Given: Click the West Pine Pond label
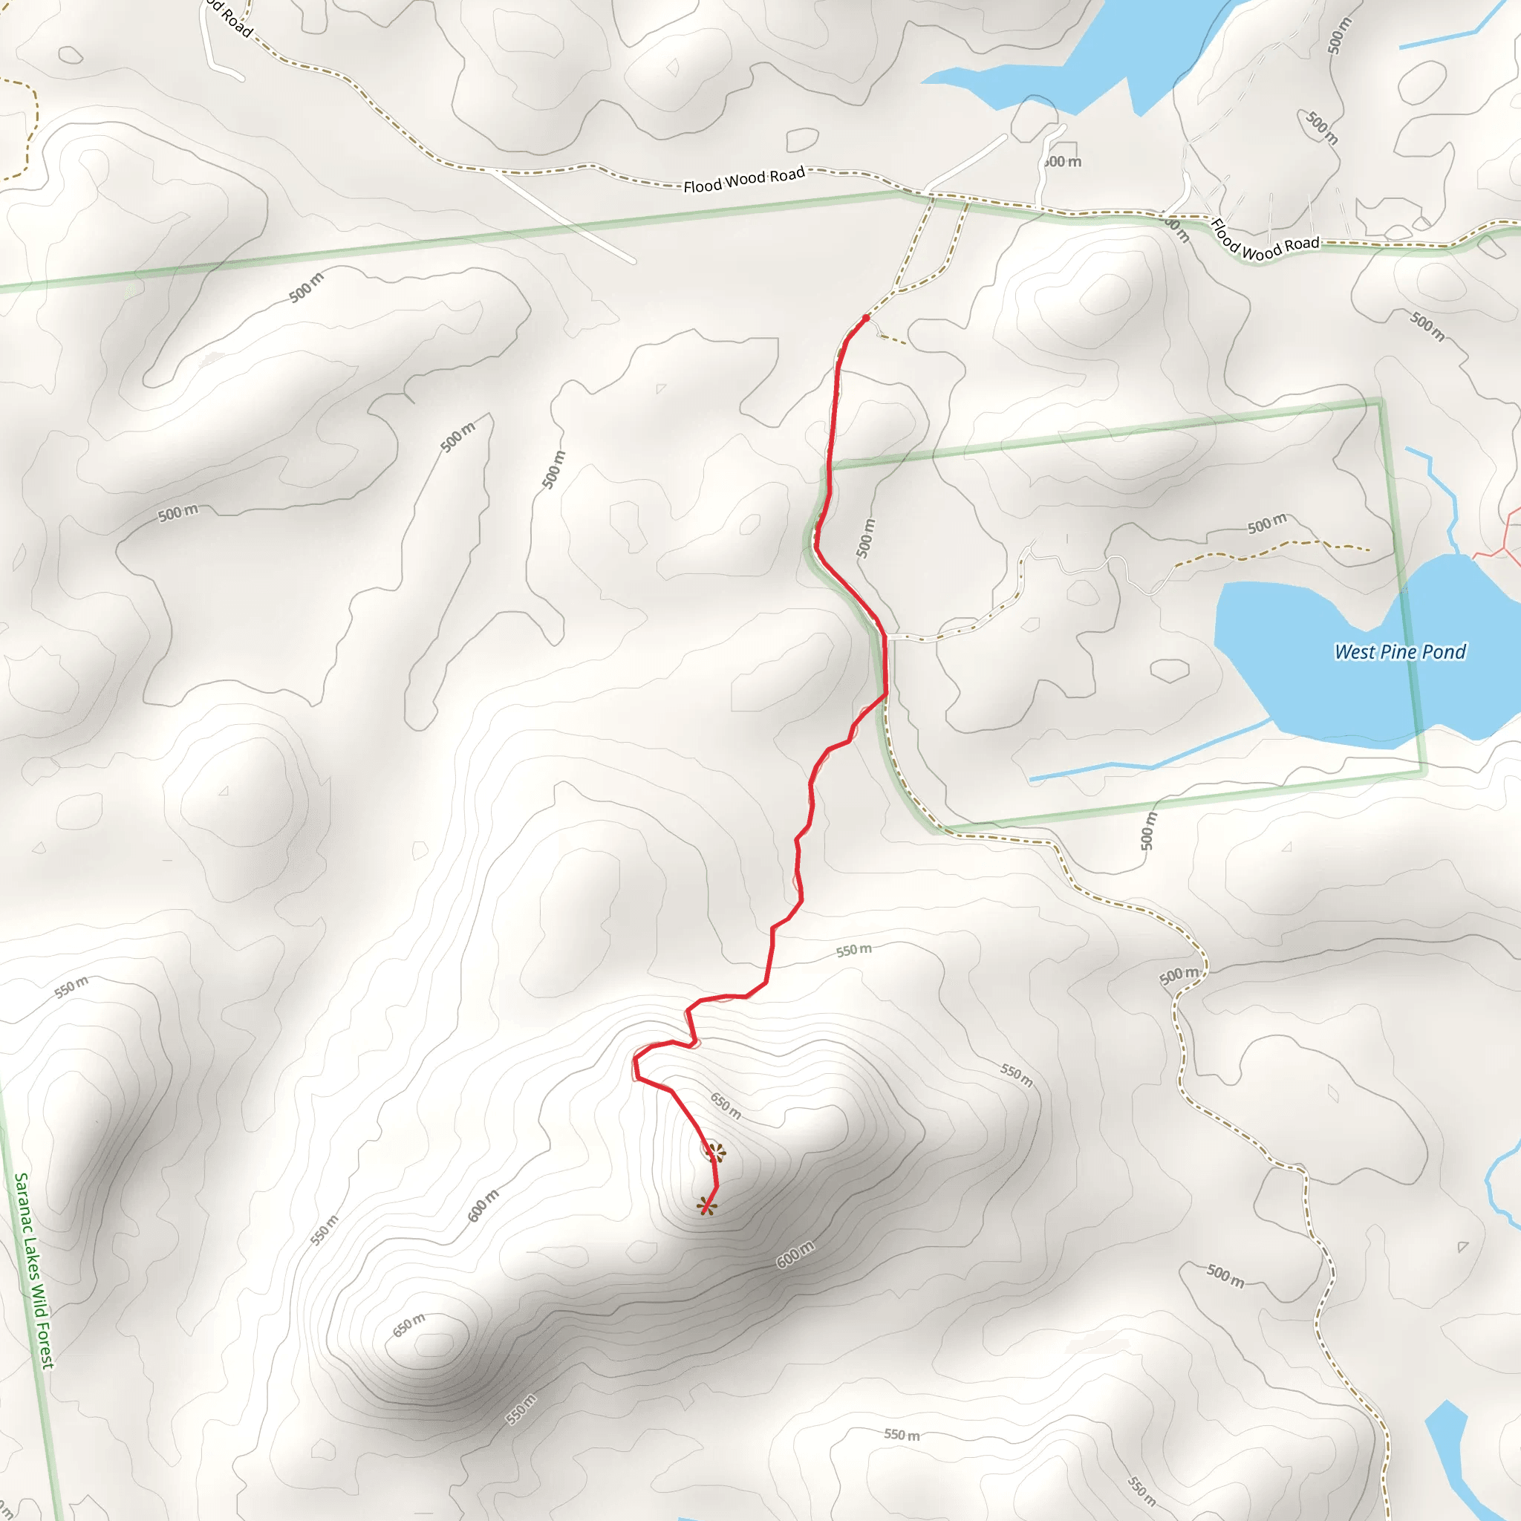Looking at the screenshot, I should pyautogui.click(x=1400, y=652).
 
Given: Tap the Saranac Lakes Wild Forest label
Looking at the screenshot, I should pyautogui.click(x=34, y=1271).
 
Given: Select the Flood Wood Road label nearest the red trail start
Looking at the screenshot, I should pyautogui.click(x=744, y=180).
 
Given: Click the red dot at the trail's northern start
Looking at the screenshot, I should pyautogui.click(x=866, y=318).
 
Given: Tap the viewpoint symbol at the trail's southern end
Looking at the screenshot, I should pyautogui.click(x=707, y=1205).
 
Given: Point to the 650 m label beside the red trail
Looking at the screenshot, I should pyautogui.click(x=725, y=1104).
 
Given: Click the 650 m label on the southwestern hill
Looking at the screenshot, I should pyautogui.click(x=408, y=1325).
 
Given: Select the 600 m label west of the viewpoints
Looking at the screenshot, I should pyautogui.click(x=483, y=1206).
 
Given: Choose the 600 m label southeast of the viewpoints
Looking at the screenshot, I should pyautogui.click(x=795, y=1255).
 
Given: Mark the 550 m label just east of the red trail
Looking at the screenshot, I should pyautogui.click(x=853, y=950).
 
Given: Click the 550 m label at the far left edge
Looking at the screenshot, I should pyautogui.click(x=71, y=987).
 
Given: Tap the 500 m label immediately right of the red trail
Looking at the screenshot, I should pyautogui.click(x=865, y=538).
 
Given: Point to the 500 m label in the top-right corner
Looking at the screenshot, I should pyautogui.click(x=1338, y=36).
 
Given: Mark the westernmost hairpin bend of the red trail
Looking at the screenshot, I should pyautogui.click(x=635, y=1063).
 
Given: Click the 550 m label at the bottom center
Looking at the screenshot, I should pyautogui.click(x=902, y=1434).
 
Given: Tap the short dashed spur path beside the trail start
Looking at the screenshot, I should pyautogui.click(x=891, y=339).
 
